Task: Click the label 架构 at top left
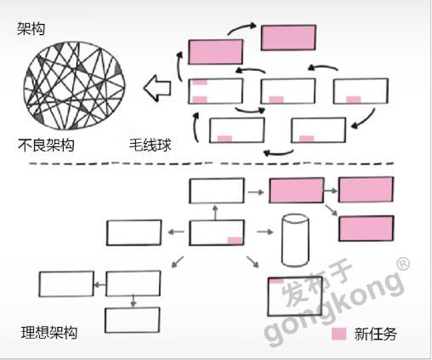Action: click(31, 29)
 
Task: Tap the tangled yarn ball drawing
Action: click(74, 86)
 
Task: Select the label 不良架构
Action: click(46, 145)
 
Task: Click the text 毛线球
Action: click(151, 145)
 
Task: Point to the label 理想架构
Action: click(49, 333)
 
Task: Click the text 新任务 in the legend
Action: click(376, 334)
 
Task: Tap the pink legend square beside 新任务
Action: click(339, 334)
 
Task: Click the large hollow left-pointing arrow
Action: click(157, 89)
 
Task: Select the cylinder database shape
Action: click(295, 240)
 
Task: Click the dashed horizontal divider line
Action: click(211, 163)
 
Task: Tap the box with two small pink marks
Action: click(216, 91)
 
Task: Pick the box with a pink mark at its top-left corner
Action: click(295, 296)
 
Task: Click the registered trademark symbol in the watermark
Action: click(403, 264)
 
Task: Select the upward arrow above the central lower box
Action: click(215, 213)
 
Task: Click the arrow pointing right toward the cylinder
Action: click(265, 232)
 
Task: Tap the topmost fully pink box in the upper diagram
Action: click(288, 37)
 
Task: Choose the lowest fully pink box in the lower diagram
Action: click(367, 228)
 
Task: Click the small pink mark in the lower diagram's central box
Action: click(236, 241)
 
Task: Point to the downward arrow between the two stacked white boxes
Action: click(134, 301)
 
